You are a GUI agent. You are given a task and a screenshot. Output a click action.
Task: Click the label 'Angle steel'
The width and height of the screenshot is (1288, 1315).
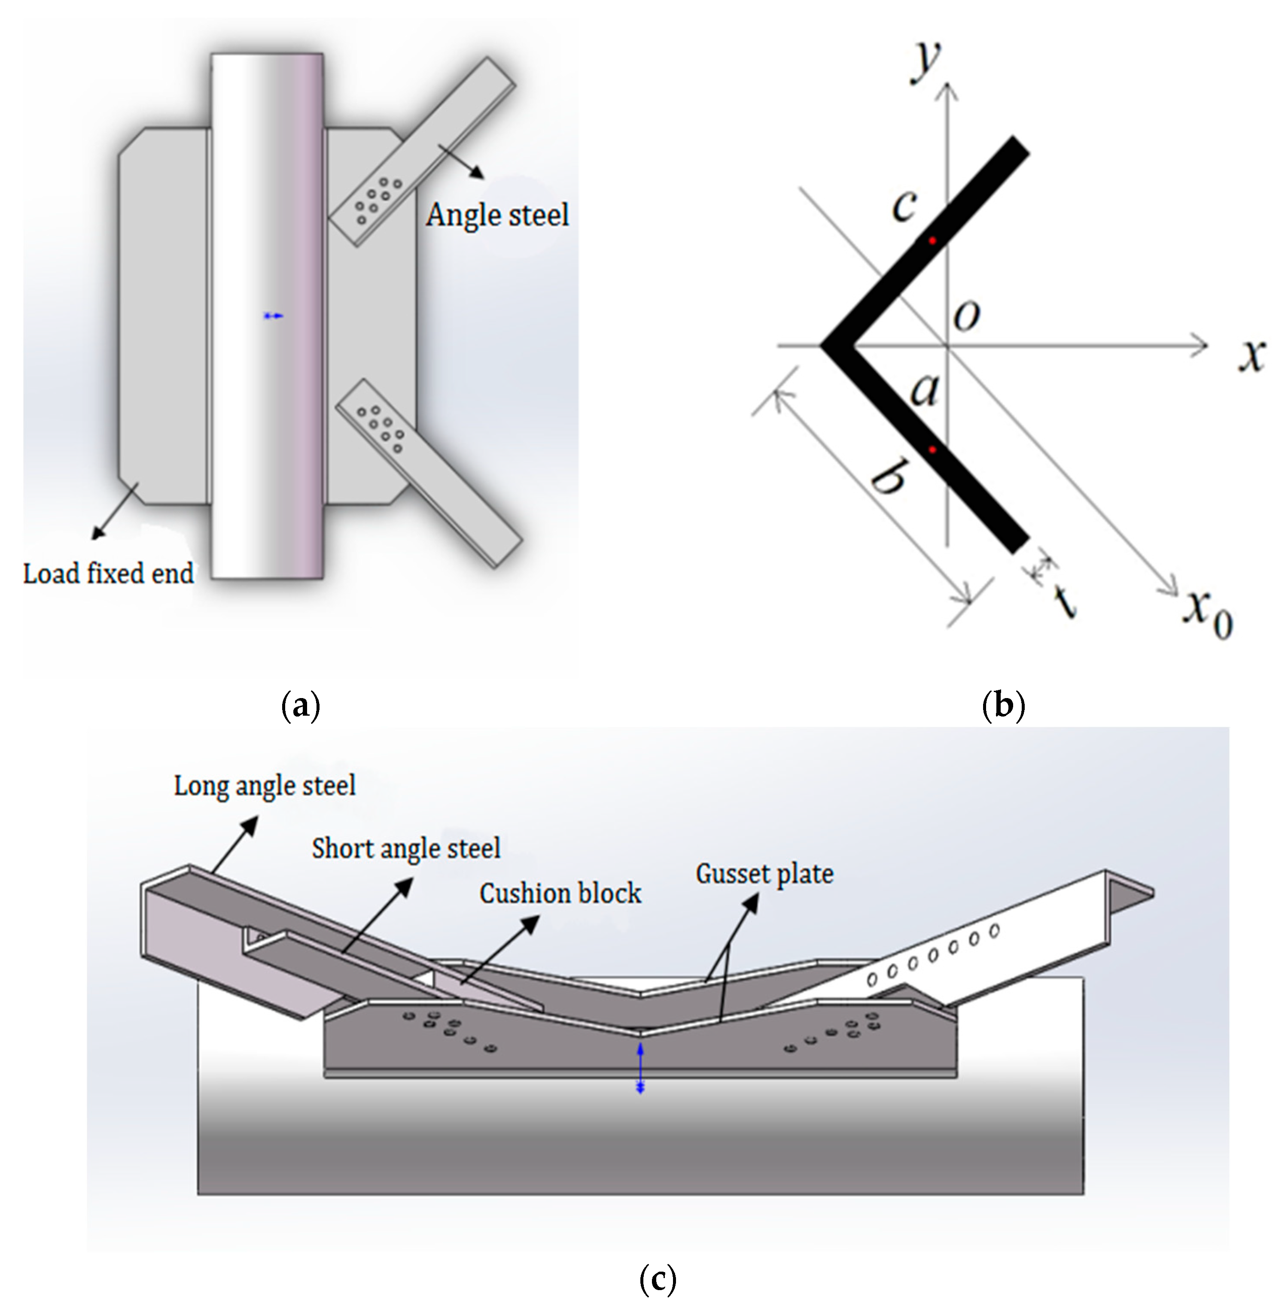pyautogui.click(x=497, y=215)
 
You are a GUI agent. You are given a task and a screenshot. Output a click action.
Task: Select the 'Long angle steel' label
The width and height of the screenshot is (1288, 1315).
pyautogui.click(x=265, y=786)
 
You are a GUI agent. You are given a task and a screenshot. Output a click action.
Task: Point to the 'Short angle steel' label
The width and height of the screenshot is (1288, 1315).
pyautogui.click(x=406, y=848)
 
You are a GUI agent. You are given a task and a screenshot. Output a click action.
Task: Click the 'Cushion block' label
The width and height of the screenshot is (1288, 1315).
pyautogui.click(x=560, y=894)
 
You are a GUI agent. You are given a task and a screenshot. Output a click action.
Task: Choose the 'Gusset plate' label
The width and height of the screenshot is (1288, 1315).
pyautogui.click(x=764, y=874)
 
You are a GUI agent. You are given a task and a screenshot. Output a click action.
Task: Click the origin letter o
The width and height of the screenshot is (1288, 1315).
pyautogui.click(x=967, y=315)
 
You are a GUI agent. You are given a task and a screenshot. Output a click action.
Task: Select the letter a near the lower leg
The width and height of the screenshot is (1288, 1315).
pyautogui.click(x=925, y=390)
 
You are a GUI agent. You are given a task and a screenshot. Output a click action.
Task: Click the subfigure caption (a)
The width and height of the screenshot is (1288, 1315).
pyautogui.click(x=300, y=706)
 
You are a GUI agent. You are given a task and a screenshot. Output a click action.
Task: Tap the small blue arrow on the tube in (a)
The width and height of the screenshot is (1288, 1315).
pyautogui.click(x=273, y=316)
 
